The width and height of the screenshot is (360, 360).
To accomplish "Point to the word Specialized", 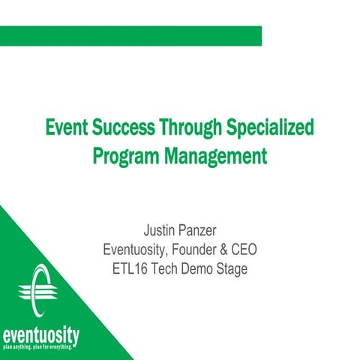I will [x=268, y=126].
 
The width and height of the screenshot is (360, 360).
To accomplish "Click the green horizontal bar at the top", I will [x=130, y=35].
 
